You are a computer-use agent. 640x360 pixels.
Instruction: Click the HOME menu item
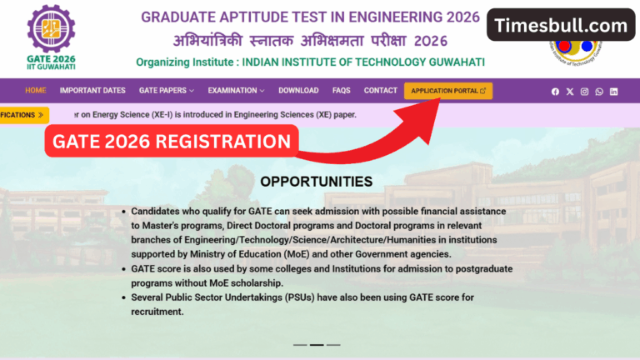coord(35,90)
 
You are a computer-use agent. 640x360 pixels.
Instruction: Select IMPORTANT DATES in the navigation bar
coord(92,90)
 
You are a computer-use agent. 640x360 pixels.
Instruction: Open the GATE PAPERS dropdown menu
coord(166,90)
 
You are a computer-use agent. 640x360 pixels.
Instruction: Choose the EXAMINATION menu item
coord(236,90)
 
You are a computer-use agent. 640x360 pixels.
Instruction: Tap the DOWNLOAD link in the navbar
coord(298,90)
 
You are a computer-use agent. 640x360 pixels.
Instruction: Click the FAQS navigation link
coord(341,90)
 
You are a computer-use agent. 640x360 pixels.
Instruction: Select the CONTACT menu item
coord(380,90)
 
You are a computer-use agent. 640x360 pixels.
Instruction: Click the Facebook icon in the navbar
coord(555,91)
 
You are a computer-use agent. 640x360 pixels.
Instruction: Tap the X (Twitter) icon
coord(570,91)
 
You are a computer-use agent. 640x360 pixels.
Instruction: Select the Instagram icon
coord(584,91)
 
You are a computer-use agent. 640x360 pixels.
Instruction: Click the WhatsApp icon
coord(599,91)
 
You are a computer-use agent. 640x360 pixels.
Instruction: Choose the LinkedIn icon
coord(614,91)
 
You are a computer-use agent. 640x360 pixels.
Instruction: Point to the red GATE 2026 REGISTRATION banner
coord(171,142)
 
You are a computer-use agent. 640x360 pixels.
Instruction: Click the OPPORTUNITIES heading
coord(316,181)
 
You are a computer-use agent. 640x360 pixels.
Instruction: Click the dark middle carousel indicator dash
coord(317,344)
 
